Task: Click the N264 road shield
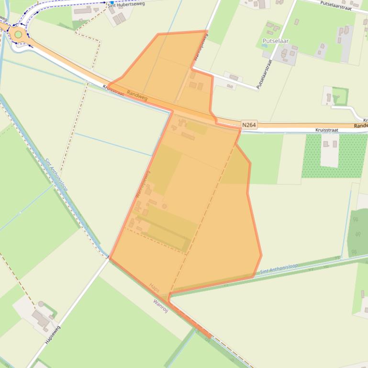[x=249, y=125]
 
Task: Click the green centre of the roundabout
[x=18, y=34]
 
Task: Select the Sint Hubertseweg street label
[x=125, y=4]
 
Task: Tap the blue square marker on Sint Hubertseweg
[x=112, y=2]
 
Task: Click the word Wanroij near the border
[x=161, y=305]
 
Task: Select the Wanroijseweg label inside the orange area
[x=141, y=184]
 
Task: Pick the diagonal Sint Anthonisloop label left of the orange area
[x=56, y=175]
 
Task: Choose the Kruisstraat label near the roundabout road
[x=113, y=91]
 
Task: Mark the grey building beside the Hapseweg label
[x=41, y=318]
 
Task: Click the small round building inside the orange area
[x=165, y=206]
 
